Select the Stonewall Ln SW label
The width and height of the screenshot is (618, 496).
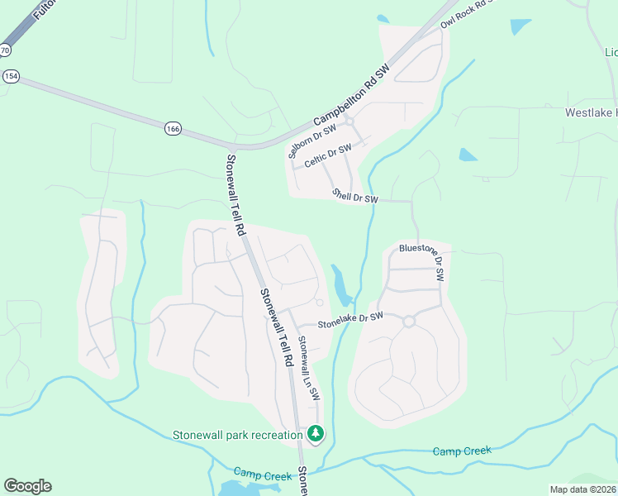308,368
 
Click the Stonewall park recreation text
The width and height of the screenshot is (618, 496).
237,435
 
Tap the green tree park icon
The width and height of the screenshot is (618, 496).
315,433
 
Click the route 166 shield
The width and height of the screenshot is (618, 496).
173,129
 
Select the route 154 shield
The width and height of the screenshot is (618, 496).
10,75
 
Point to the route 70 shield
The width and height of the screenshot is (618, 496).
4,51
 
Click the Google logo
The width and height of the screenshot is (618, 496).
27,486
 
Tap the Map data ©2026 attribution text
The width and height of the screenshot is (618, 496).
582,489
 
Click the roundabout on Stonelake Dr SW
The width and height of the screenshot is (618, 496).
408,322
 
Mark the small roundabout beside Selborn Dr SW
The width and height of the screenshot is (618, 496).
349,122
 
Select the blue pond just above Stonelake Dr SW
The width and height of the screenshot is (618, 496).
340,284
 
